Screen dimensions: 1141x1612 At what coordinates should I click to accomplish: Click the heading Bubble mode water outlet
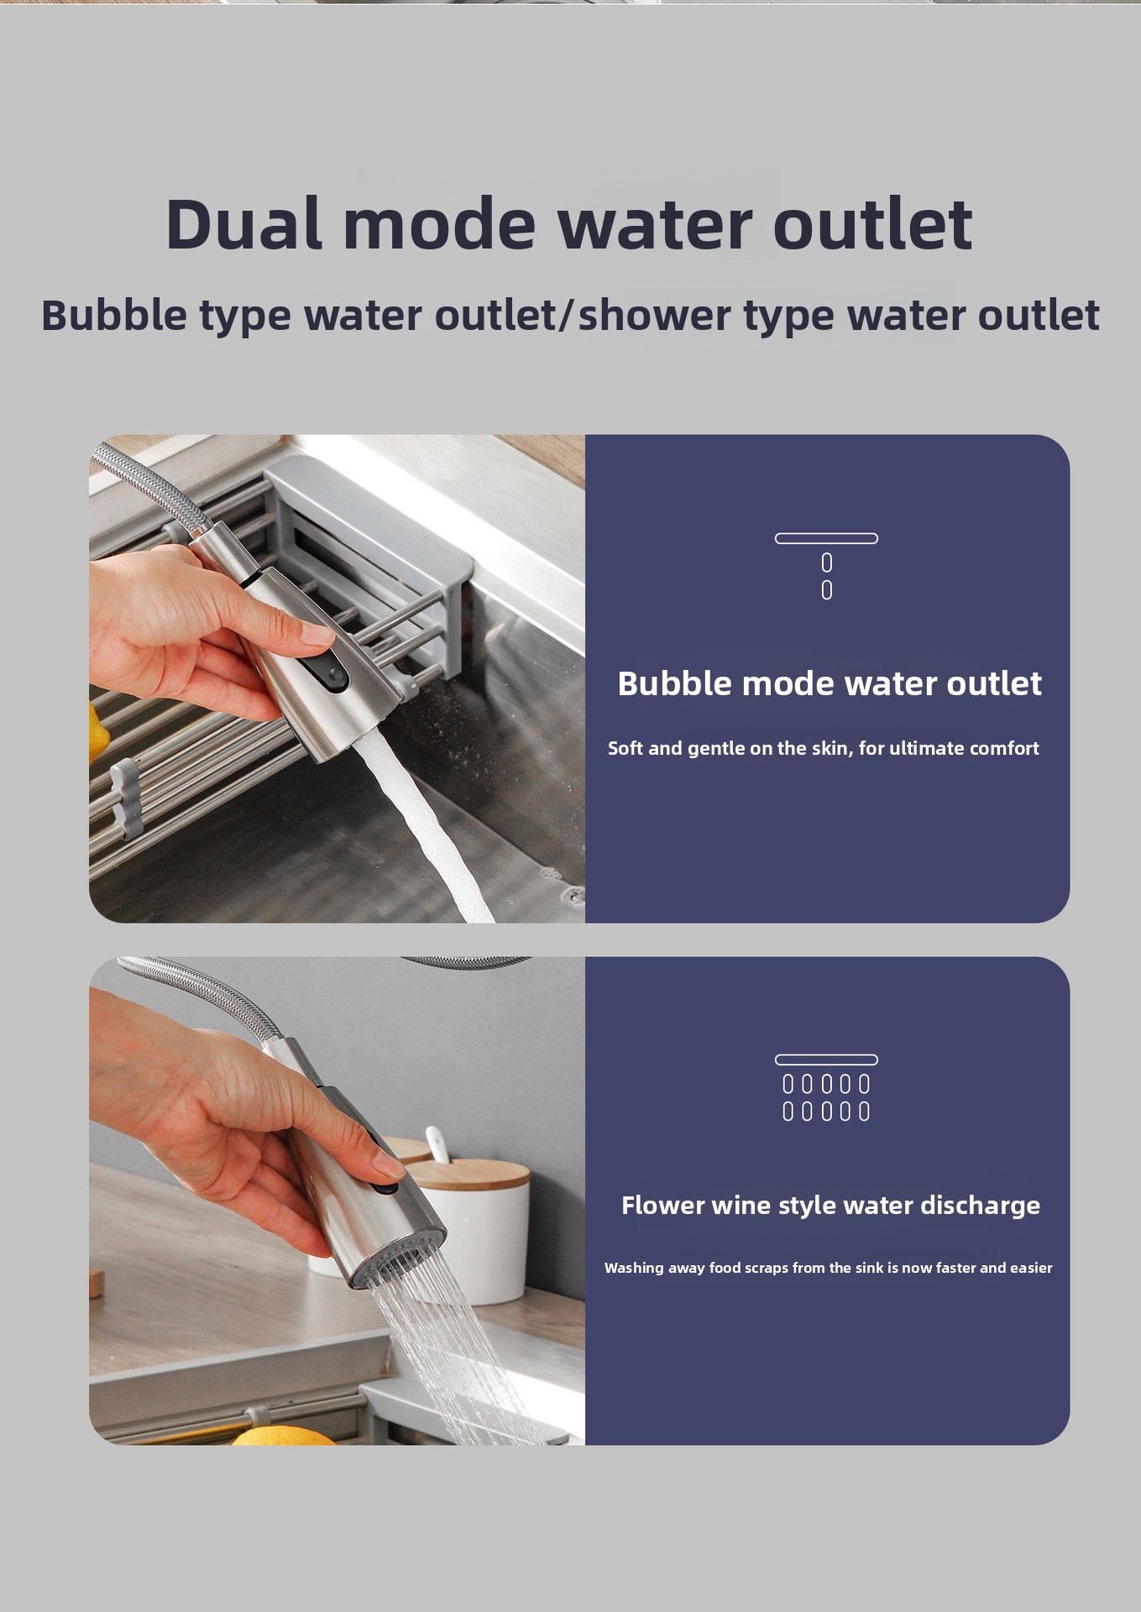click(830, 683)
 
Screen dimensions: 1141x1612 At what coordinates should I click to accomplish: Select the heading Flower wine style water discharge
click(830, 1206)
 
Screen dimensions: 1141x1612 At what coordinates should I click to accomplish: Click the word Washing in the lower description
click(634, 1268)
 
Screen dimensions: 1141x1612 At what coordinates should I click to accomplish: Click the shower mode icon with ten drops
click(826, 1088)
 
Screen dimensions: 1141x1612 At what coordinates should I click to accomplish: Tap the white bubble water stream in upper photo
click(420, 827)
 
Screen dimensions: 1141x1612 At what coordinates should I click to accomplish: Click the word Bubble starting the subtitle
click(114, 316)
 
